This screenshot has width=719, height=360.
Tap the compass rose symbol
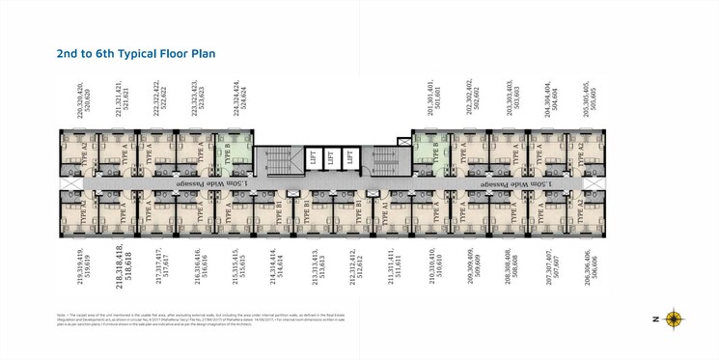[x=674, y=318]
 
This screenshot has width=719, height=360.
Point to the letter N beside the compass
[x=653, y=319]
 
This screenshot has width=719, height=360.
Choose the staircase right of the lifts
[x=383, y=159]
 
